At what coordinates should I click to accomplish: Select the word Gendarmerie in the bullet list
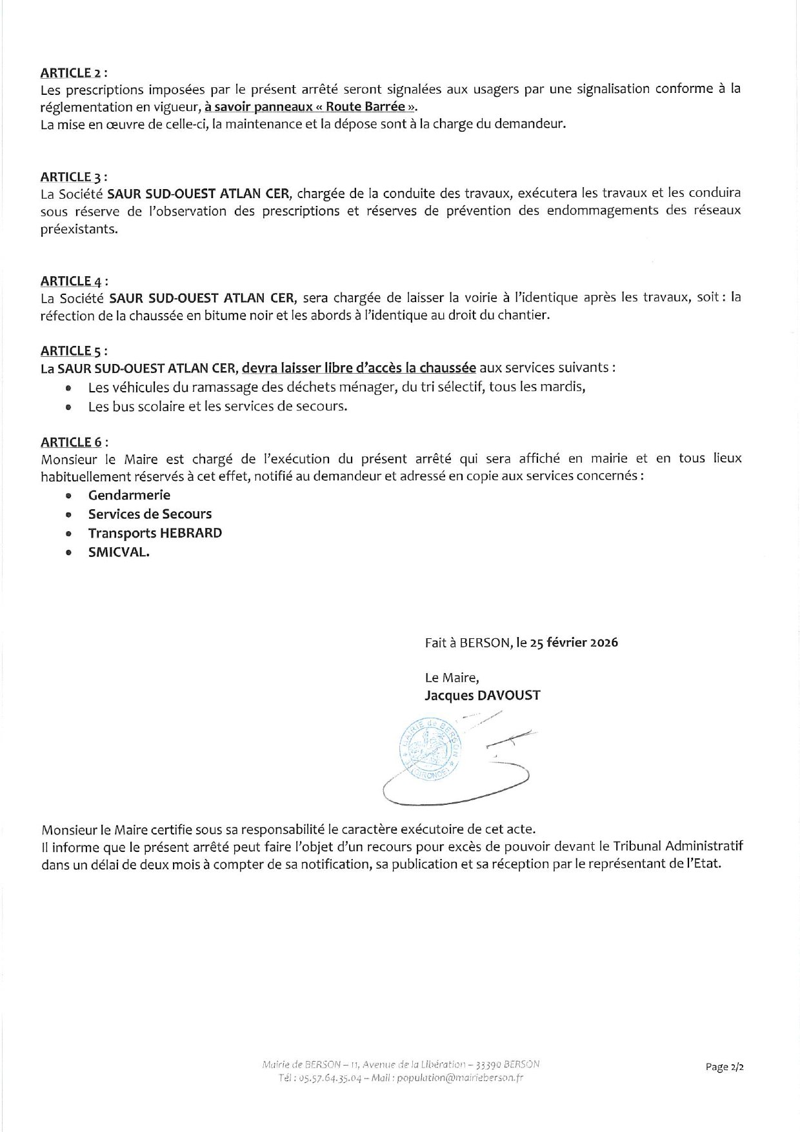[129, 495]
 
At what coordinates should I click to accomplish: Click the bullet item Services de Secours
[150, 514]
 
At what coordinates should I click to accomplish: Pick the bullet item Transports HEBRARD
[155, 533]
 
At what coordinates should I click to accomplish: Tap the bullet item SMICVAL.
[119, 552]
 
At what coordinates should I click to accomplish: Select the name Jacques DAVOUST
[483, 695]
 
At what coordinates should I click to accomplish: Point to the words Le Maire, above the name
[452, 678]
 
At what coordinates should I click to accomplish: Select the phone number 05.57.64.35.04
[323, 1078]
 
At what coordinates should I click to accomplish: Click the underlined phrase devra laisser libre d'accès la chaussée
[359, 368]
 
